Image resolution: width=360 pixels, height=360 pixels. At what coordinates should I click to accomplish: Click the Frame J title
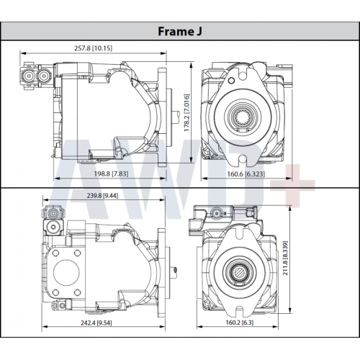tap(180, 32)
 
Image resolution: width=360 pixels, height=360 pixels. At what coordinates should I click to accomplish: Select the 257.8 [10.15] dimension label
tap(93, 48)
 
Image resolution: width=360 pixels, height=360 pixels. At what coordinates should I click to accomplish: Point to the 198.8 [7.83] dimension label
tap(111, 174)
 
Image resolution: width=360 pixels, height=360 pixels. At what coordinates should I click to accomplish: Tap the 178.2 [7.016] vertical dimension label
tap(186, 112)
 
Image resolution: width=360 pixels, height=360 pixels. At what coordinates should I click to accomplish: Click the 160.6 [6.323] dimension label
tap(246, 174)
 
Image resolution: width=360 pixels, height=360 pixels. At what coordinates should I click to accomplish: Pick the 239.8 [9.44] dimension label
tap(102, 196)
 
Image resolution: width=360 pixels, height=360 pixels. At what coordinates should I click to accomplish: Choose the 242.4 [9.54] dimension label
tap(96, 323)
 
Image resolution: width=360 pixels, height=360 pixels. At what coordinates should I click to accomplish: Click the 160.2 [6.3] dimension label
tap(240, 323)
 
